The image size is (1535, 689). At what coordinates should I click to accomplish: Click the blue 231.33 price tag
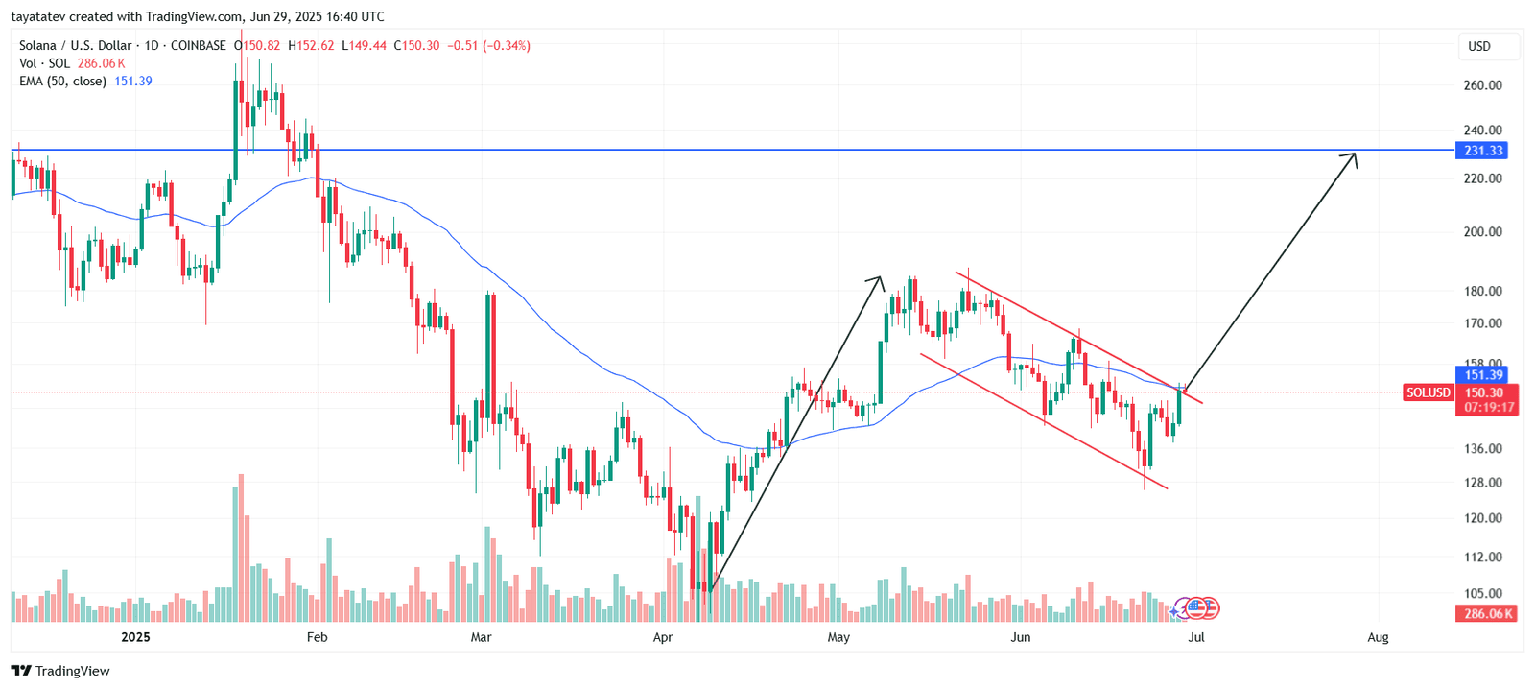1482,151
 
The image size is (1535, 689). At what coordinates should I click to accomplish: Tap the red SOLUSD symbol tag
1428,392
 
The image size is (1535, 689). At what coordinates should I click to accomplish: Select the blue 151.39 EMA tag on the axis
1482,375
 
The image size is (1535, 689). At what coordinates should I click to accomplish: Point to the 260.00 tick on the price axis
1482,85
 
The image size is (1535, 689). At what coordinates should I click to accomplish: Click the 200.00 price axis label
1482,231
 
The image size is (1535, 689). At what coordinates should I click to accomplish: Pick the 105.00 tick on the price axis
1482,593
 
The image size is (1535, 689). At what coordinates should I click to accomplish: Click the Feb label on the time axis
317,637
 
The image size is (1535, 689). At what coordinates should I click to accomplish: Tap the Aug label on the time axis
1378,637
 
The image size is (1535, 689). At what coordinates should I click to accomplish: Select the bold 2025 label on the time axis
135,637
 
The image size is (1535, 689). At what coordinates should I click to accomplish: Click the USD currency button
1479,46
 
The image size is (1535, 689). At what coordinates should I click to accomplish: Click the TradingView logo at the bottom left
60,671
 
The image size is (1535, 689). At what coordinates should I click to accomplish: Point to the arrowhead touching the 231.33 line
1353,156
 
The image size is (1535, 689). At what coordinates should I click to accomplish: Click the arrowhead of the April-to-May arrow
877,280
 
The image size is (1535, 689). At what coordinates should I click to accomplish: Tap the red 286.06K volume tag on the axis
1486,614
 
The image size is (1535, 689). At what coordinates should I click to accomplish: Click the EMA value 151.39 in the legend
133,82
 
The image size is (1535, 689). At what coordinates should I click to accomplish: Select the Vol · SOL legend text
44,63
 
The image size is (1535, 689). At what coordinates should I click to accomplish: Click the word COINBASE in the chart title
199,45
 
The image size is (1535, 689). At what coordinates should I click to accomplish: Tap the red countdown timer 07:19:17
1488,408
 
